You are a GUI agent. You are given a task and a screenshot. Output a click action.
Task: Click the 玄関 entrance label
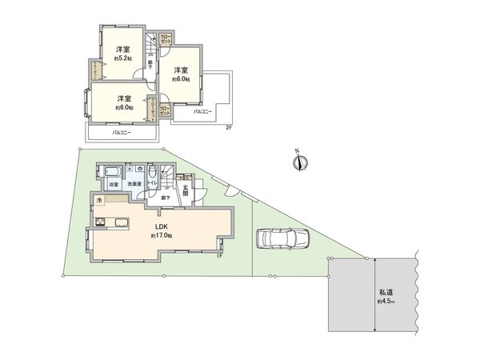coord(186,190)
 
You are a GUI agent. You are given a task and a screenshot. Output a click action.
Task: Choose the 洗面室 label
coord(136,185)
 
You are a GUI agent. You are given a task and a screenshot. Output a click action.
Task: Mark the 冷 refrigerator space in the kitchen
coord(99,199)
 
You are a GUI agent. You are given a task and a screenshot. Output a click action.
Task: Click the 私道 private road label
coord(385,293)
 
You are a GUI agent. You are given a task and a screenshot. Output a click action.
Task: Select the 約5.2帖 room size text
coord(122,58)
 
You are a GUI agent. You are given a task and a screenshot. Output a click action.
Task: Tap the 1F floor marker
coord(218,256)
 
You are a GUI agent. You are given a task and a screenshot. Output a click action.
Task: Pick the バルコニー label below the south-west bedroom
coord(122,132)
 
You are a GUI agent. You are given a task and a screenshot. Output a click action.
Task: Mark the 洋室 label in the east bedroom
coord(181,70)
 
